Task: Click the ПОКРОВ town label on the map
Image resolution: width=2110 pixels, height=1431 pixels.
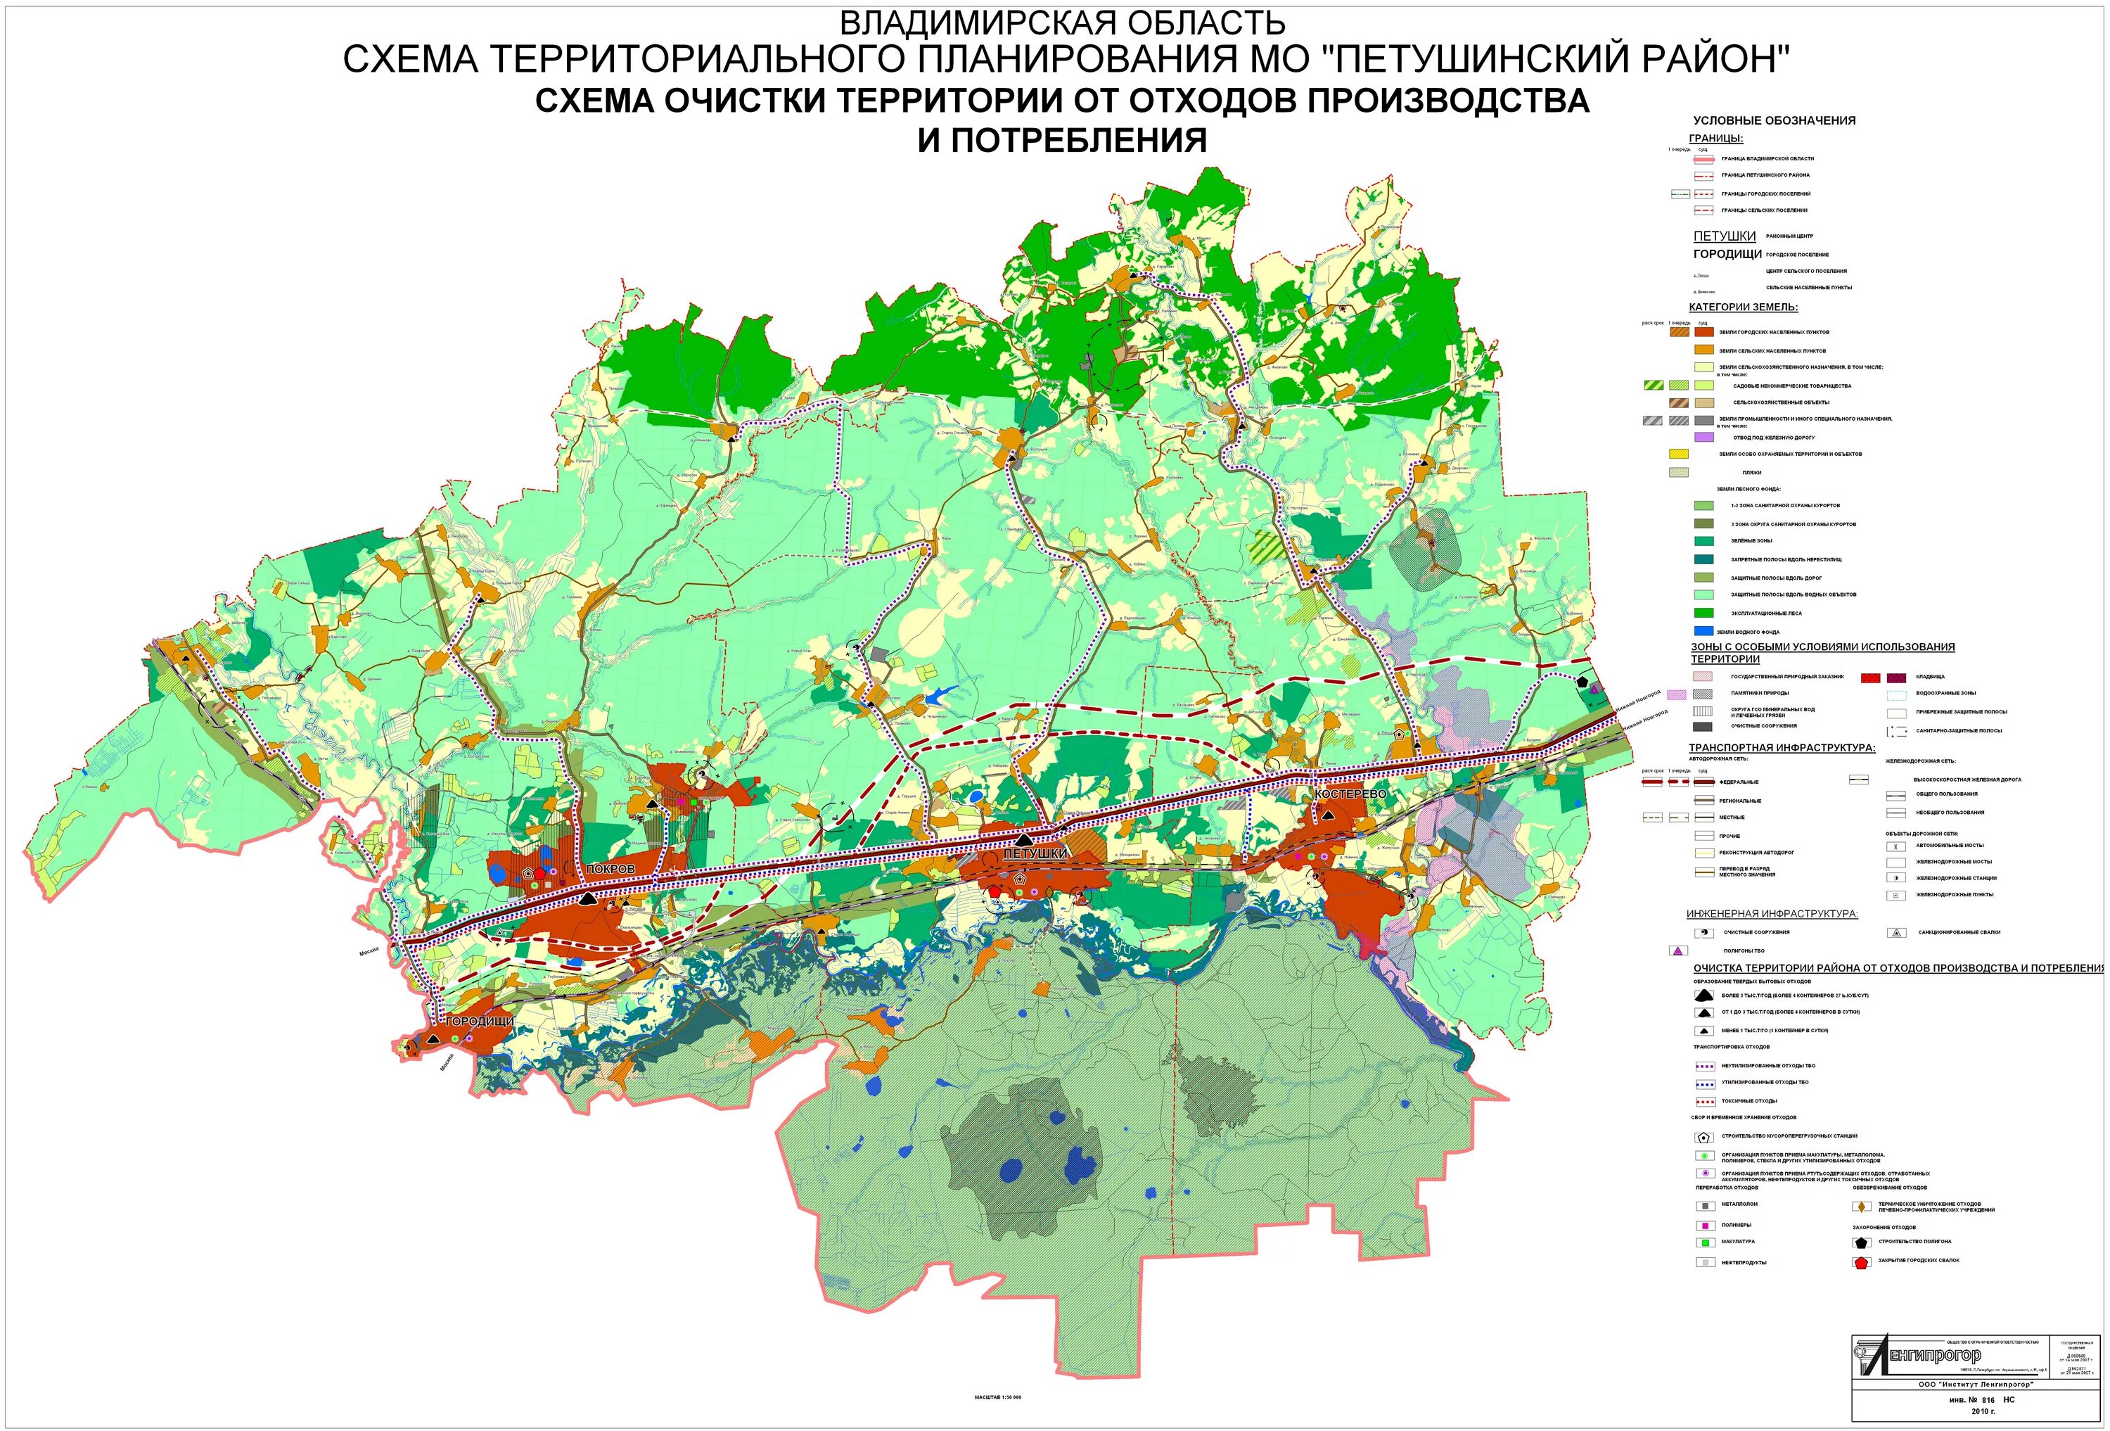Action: (610, 869)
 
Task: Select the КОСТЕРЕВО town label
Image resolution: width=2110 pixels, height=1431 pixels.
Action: (1350, 794)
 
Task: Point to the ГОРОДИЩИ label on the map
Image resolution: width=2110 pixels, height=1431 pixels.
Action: (480, 1021)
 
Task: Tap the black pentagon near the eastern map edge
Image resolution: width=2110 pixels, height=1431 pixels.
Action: (1582, 680)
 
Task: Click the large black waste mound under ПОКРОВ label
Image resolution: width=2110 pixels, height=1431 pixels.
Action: (587, 898)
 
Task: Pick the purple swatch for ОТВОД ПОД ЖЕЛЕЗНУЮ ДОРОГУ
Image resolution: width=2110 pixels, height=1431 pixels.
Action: (1704, 437)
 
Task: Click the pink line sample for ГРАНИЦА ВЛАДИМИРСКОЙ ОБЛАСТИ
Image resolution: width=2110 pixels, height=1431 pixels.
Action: (1703, 158)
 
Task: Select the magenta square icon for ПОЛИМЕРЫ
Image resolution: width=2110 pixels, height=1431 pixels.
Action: (1704, 1225)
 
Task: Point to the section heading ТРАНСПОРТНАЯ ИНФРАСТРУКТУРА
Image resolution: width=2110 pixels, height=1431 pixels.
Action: (1782, 747)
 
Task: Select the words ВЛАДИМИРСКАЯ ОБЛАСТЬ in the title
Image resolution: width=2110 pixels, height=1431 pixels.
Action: (1061, 22)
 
